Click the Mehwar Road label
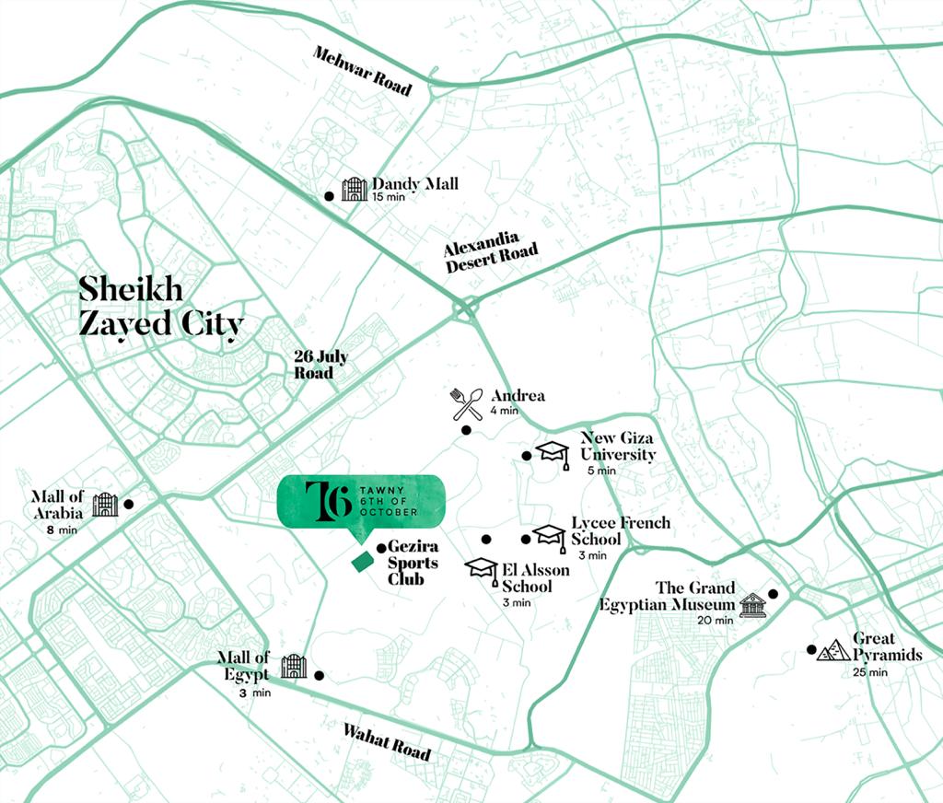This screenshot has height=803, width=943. tap(361, 70)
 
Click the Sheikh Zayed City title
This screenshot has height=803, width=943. tap(161, 306)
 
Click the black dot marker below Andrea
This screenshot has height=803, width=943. tap(466, 430)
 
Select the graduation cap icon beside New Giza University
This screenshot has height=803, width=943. tap(553, 452)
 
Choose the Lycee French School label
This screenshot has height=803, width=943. tap(620, 530)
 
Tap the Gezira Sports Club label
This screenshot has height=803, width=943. tap(413, 563)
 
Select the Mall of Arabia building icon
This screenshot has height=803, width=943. tap(105, 504)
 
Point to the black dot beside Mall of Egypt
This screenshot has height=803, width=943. tap(319, 674)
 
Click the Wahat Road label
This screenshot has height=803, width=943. tap(387, 741)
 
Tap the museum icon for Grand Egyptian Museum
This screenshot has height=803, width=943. tap(752, 606)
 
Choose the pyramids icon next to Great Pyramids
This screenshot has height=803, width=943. tap(833, 651)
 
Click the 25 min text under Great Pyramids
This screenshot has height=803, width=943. tap(870, 672)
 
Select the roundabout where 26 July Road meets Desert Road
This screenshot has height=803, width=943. tap(464, 309)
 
